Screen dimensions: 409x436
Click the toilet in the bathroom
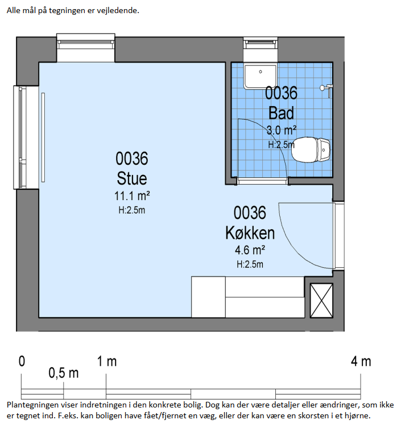pyautogui.click(x=311, y=149)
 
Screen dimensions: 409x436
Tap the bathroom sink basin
pyautogui.click(x=261, y=76)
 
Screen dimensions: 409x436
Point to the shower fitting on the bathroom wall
pyautogui.click(x=327, y=90)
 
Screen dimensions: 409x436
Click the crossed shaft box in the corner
pyautogui.click(x=321, y=300)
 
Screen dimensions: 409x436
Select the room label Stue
pyautogui.click(x=132, y=178)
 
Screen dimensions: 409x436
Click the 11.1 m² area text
pyautogui.click(x=132, y=195)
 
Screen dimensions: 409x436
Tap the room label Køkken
pyautogui.click(x=250, y=233)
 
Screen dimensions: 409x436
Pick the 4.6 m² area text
pyautogui.click(x=250, y=250)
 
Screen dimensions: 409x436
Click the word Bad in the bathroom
pyautogui.click(x=281, y=113)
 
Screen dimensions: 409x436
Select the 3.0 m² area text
pyautogui.click(x=282, y=130)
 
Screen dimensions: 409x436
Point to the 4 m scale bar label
pyautogui.click(x=361, y=361)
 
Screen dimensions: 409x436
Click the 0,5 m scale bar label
pyautogui.click(x=64, y=373)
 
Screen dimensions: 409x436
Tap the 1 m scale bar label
pyautogui.click(x=107, y=361)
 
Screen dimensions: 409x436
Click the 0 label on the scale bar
pyautogui.click(x=22, y=361)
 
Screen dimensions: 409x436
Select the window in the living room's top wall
pyautogui.click(x=86, y=48)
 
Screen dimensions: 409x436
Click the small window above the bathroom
pyautogui.click(x=261, y=50)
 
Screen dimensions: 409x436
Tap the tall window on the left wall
pyautogui.click(x=26, y=137)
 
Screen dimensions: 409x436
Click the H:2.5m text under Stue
pyautogui.click(x=132, y=210)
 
